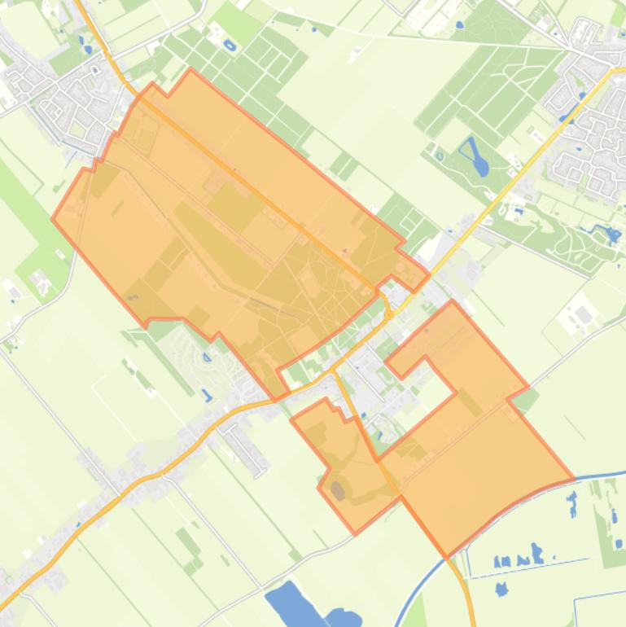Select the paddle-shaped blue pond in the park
(474, 156)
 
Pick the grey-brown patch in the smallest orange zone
(337, 489)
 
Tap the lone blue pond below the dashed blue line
(501, 587)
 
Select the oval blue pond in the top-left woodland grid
(229, 46)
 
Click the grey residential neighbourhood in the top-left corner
(57, 94)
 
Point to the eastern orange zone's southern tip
(447, 556)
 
